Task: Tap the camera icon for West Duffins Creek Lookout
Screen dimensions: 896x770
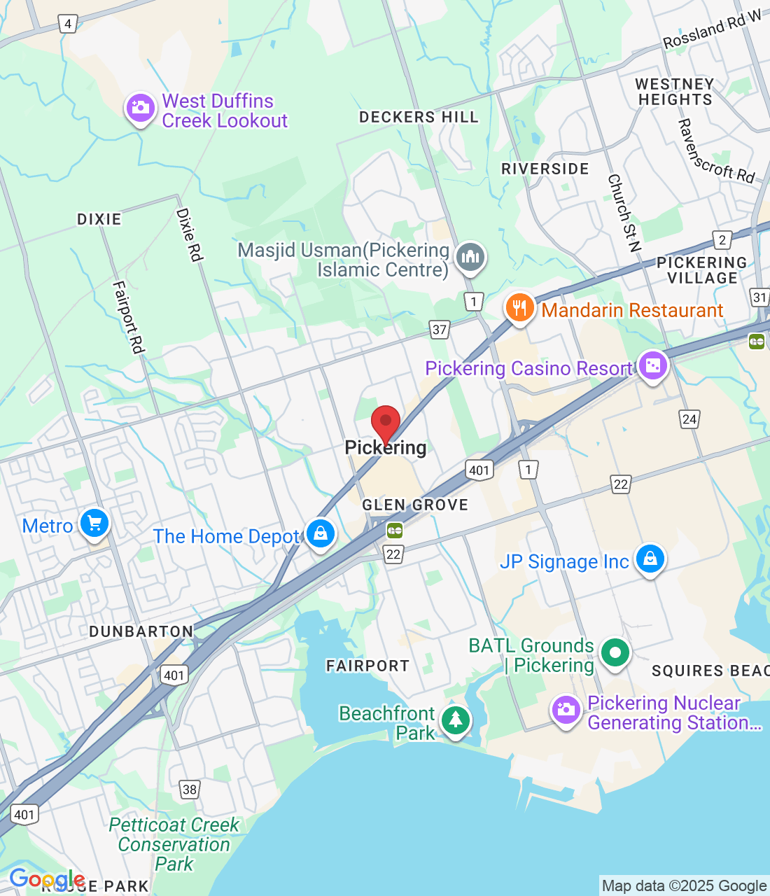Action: (140, 108)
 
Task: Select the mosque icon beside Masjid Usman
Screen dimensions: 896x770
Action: (470, 257)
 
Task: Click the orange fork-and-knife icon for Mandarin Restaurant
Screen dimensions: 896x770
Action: (519, 308)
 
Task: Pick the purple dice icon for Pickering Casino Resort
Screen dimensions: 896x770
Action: (652, 366)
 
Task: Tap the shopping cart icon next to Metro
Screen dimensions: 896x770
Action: (94, 524)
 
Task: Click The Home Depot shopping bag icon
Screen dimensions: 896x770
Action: (321, 534)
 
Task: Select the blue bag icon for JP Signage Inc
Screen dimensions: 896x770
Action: (650, 560)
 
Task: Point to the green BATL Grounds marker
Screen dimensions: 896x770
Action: (615, 654)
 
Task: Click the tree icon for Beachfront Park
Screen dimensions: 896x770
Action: (456, 720)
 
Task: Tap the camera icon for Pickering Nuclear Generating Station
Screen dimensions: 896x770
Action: (566, 710)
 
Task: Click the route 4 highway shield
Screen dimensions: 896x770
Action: (68, 24)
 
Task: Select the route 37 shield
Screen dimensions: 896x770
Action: (440, 330)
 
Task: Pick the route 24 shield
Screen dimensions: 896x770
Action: (689, 419)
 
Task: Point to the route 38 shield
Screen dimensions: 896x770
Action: (190, 790)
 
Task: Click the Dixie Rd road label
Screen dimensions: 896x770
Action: (189, 234)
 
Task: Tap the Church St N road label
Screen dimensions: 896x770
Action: (624, 213)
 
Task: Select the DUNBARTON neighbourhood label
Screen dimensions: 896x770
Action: (141, 631)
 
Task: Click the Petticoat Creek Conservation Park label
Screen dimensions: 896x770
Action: (174, 844)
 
